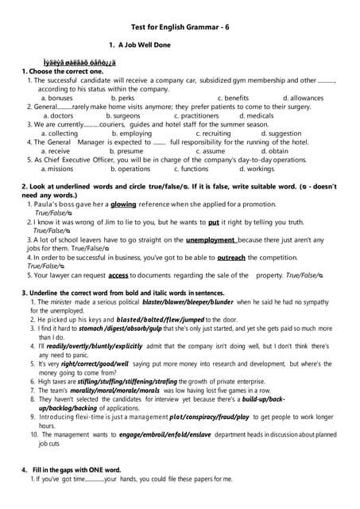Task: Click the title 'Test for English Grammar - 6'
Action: click(180, 25)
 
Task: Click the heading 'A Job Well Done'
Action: click(144, 45)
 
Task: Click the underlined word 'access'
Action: click(118, 274)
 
